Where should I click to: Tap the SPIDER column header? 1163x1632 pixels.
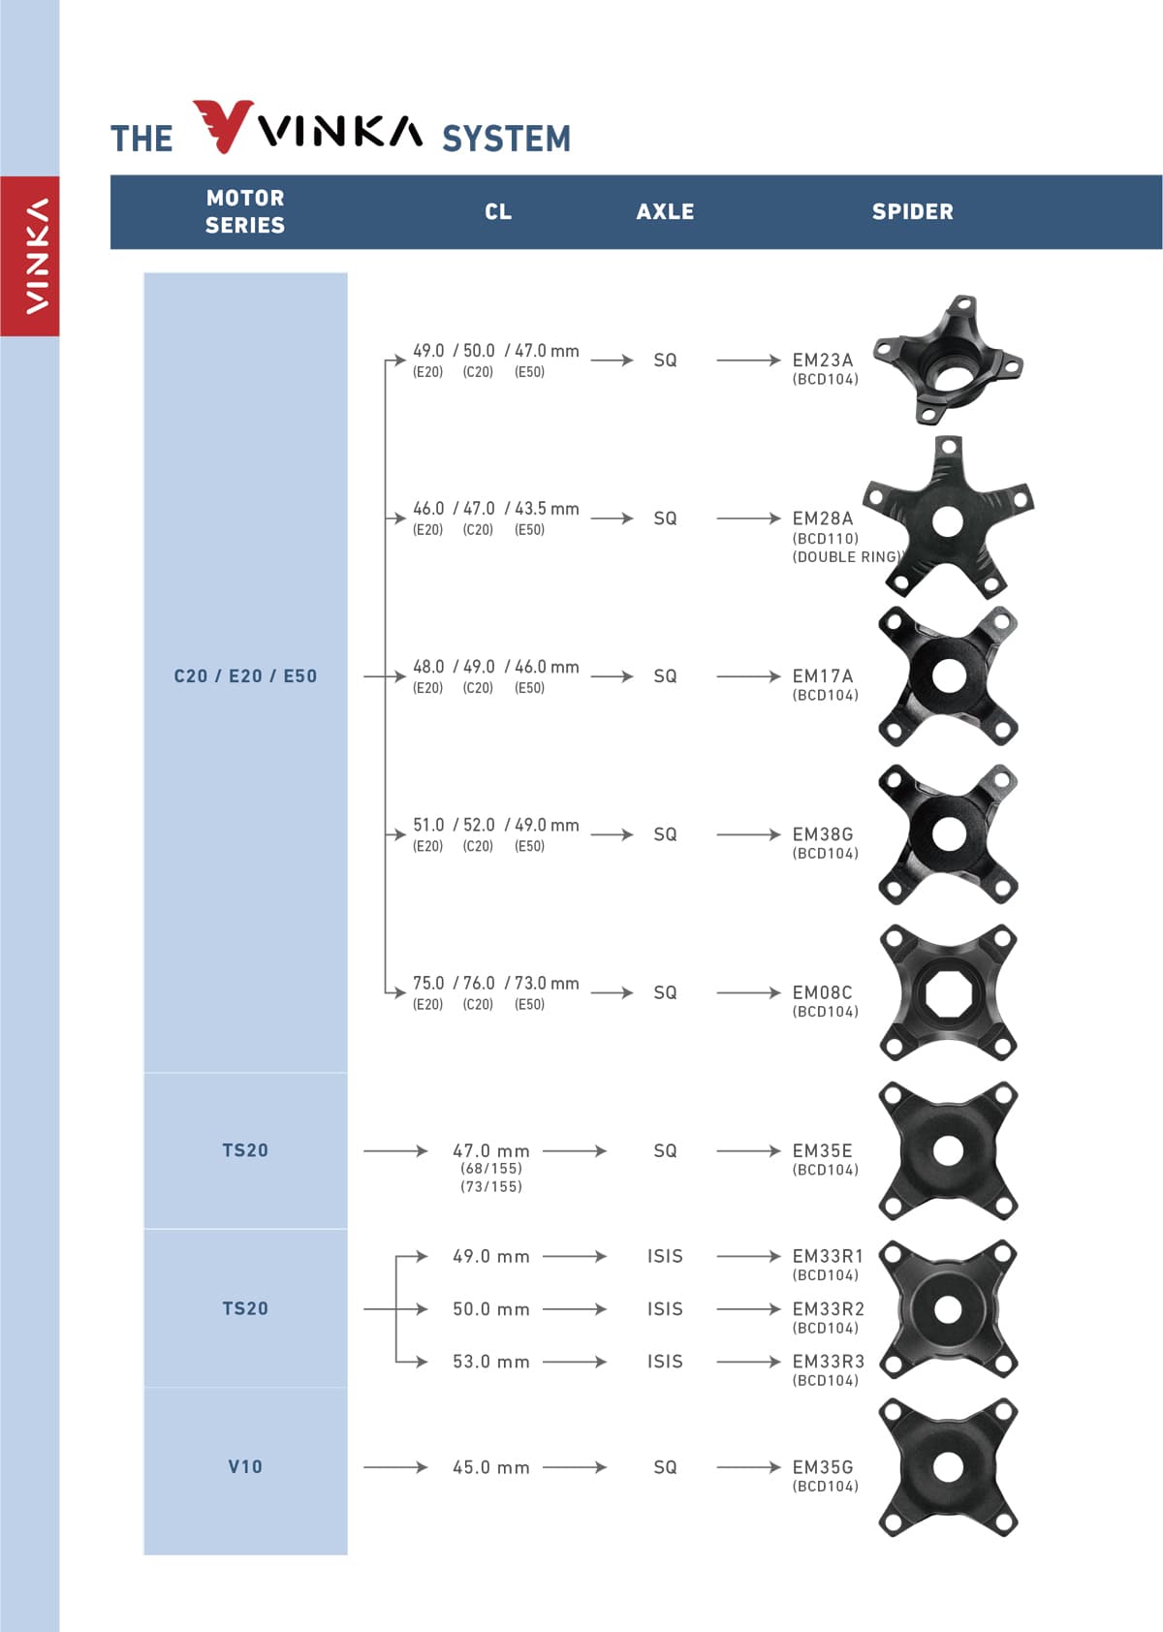(912, 212)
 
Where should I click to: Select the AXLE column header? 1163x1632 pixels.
(665, 212)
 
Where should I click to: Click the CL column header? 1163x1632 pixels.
(498, 212)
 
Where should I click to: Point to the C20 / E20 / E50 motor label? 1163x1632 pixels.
(245, 676)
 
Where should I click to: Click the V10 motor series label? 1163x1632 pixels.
(245, 1466)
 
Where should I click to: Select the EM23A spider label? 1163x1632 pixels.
(822, 360)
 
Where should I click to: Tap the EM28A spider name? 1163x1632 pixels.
(822, 518)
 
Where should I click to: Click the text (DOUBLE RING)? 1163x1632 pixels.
(847, 557)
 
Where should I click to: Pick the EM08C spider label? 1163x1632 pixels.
(822, 992)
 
